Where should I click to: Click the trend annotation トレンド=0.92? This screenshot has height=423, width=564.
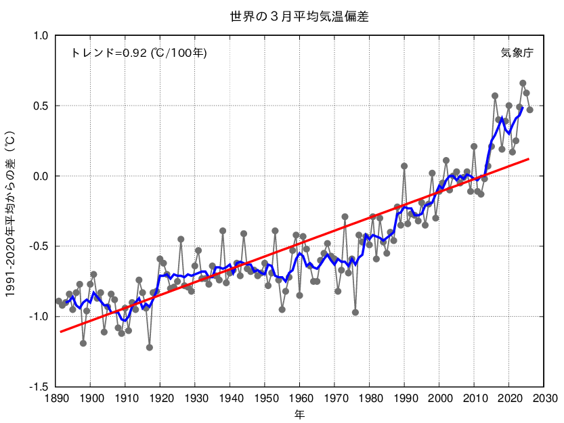click(x=139, y=52)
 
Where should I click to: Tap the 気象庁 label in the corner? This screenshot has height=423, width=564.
click(x=517, y=52)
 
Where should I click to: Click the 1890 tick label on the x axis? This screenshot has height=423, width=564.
click(x=56, y=397)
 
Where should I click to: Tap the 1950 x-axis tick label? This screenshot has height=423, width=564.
click(x=265, y=397)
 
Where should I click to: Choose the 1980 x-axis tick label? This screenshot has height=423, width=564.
click(x=370, y=397)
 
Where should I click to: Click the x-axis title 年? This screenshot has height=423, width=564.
click(x=299, y=412)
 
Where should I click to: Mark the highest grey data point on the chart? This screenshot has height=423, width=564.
click(x=523, y=83)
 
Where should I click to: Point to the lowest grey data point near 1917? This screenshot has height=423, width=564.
click(x=150, y=347)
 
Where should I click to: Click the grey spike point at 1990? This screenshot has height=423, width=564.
click(x=404, y=166)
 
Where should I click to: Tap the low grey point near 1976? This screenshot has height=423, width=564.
click(x=355, y=312)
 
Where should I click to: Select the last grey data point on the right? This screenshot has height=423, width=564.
click(x=530, y=110)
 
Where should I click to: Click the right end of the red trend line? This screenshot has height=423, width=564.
click(x=529, y=158)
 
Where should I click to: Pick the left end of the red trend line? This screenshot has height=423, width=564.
click(x=60, y=332)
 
